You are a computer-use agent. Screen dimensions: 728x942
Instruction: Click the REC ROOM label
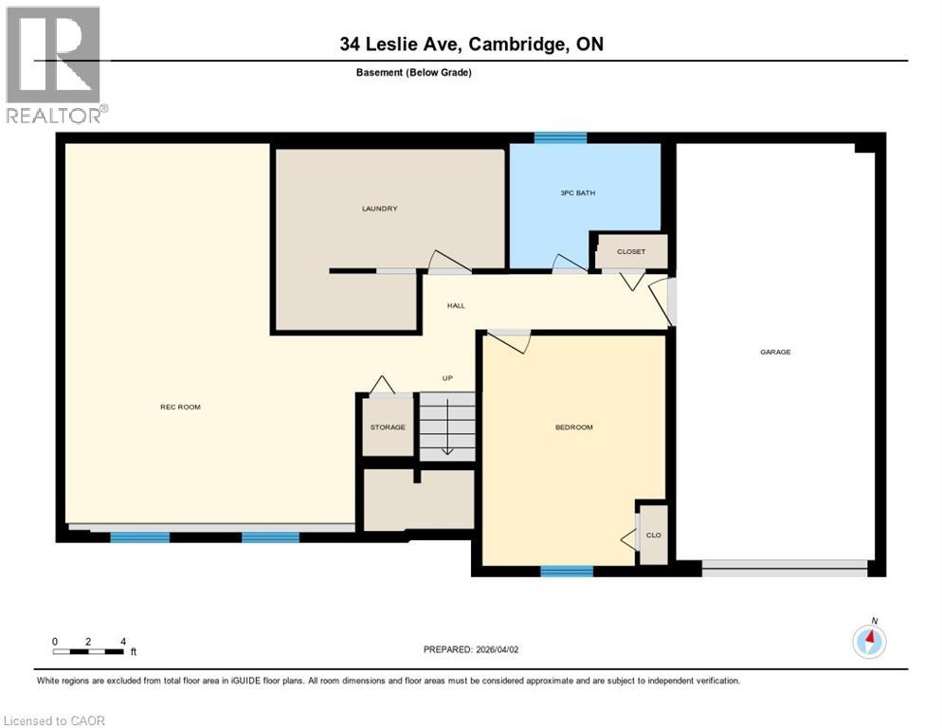point(180,407)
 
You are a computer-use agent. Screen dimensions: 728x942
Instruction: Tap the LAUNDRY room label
point(379,209)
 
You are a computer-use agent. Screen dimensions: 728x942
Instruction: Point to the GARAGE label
point(774,352)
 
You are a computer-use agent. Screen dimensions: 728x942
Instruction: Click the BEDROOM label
point(573,428)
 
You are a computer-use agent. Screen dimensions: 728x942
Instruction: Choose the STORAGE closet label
point(388,428)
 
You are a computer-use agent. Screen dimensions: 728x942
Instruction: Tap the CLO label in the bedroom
point(653,535)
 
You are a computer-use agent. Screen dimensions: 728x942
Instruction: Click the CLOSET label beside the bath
point(631,252)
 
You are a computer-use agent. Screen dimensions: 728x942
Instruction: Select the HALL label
point(456,305)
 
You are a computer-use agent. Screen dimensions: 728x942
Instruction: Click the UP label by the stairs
point(447,378)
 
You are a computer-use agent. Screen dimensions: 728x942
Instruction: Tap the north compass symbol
point(869,642)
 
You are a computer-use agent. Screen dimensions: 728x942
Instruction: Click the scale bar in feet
point(89,651)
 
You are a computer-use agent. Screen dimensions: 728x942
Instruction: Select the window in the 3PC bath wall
point(560,137)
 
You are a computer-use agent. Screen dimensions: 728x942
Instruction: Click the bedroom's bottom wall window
point(567,571)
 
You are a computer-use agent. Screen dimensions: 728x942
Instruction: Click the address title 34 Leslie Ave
point(471,44)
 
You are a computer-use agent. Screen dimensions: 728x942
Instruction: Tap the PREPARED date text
point(471,649)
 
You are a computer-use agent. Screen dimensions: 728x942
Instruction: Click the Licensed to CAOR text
point(55,720)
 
